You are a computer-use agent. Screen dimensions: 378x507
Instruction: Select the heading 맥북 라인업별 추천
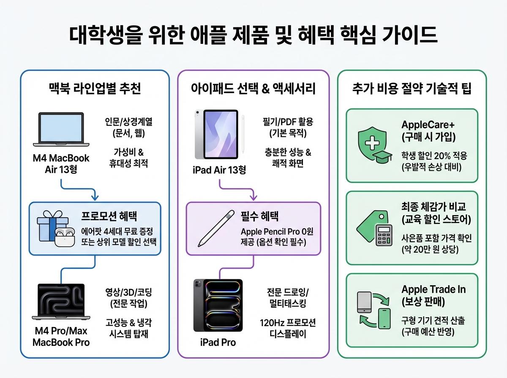[x=95, y=89]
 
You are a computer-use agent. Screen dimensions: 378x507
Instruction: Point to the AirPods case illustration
[x=64, y=237]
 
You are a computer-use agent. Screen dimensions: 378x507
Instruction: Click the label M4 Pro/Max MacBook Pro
[x=61, y=336]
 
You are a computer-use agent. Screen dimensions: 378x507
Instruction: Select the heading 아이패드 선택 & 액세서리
[x=253, y=89]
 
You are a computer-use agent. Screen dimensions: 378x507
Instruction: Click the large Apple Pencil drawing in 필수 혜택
[x=216, y=228]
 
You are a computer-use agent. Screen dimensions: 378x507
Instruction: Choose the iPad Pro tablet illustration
[x=218, y=305]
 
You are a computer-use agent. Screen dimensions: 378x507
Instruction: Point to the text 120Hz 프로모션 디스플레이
[x=287, y=329]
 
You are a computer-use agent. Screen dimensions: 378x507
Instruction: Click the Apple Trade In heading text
[x=433, y=295]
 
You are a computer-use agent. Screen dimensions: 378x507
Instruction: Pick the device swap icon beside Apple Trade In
[x=373, y=310]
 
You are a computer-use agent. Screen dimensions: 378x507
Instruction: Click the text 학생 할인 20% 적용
[x=434, y=156]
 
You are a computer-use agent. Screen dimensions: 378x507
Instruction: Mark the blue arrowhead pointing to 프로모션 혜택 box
[x=95, y=197]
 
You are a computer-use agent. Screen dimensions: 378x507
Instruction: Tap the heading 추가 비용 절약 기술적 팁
[x=412, y=89]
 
